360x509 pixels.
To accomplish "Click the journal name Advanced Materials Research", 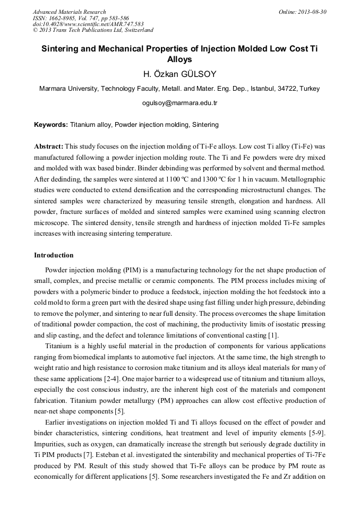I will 69,12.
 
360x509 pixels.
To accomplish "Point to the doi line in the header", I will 88,24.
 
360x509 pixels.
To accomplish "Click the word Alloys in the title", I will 179,59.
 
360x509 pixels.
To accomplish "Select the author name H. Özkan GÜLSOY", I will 179,74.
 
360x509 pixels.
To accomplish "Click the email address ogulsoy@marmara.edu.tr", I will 179,102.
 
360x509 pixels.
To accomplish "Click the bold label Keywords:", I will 51,125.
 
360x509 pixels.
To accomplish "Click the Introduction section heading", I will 54,255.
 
